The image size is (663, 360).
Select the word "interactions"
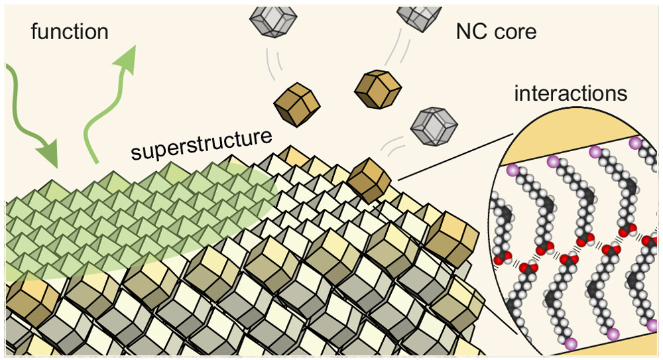tap(570, 93)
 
